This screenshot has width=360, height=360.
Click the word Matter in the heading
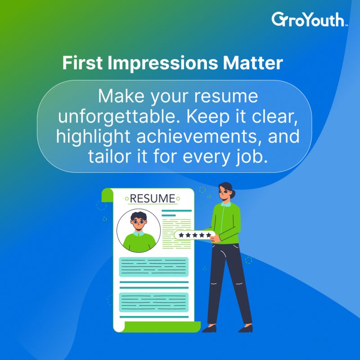tap(253, 63)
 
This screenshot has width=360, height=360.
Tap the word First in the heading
tap(82, 63)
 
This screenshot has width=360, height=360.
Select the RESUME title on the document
tap(153, 198)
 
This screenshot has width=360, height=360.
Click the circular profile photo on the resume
tap(139, 230)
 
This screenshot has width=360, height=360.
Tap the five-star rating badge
tap(195, 235)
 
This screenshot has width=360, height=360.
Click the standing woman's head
tap(226, 191)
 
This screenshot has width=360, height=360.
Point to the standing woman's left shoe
tap(246, 328)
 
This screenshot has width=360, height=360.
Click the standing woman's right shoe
tap(209, 328)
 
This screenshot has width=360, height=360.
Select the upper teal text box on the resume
tap(153, 267)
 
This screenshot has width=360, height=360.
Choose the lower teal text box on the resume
tap(153, 302)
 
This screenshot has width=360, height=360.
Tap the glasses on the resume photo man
tap(139, 222)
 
